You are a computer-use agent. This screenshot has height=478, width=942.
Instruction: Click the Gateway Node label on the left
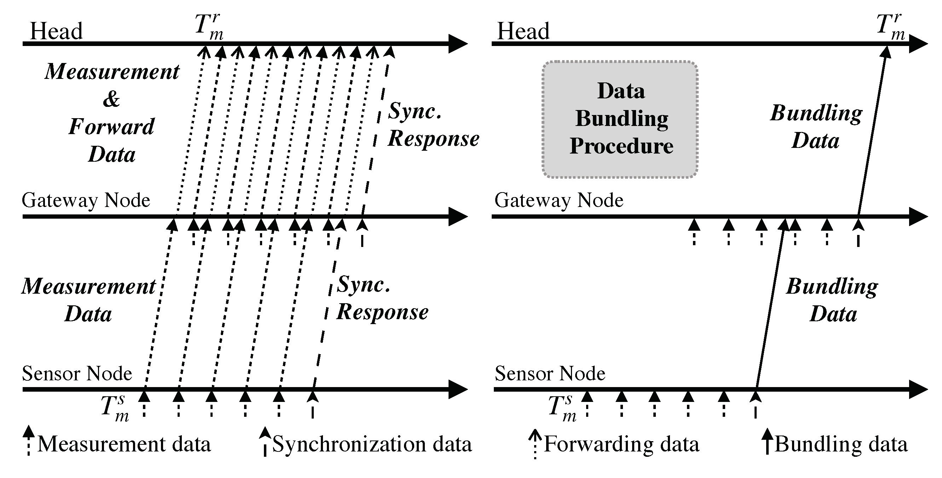point(86,200)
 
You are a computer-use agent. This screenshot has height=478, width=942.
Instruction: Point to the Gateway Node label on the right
point(559,200)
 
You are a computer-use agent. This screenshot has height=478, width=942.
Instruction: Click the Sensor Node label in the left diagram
point(77,373)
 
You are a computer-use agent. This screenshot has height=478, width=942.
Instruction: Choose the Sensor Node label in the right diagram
point(550,373)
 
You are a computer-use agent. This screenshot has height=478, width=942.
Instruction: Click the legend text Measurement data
point(124,444)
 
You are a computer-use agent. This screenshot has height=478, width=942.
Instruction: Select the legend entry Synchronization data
point(372,444)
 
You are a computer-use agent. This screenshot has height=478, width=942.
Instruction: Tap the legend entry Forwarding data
point(621,444)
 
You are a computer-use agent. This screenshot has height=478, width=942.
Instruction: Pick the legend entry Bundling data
point(841,444)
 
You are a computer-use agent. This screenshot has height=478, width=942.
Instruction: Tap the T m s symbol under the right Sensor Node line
point(562,409)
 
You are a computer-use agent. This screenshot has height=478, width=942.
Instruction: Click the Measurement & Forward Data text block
point(111,112)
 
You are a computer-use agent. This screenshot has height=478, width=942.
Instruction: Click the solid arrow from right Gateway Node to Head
point(872,135)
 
